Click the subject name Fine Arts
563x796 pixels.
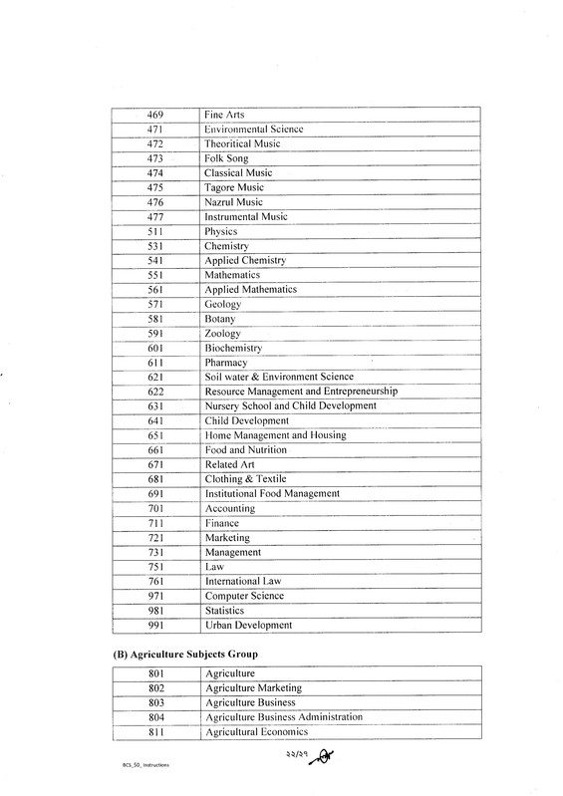coord(224,115)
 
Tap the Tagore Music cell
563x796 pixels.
coord(234,187)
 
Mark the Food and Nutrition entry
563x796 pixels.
coord(246,449)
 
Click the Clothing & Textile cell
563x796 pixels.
coord(244,478)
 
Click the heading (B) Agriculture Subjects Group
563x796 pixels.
coord(183,654)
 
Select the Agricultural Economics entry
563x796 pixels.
coord(256,731)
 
